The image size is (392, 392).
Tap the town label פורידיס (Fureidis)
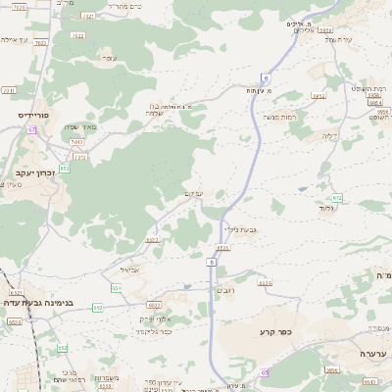click(x=32, y=116)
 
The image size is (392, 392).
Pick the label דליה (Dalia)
click(x=329, y=136)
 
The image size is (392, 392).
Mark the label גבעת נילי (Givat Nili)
click(x=238, y=229)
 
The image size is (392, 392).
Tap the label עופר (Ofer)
click(x=107, y=59)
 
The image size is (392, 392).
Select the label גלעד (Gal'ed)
click(x=327, y=209)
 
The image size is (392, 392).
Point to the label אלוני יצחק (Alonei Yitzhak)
click(x=156, y=318)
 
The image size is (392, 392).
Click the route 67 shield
click(x=31, y=129)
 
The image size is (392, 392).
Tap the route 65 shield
click(x=266, y=372)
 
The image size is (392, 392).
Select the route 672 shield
click(x=336, y=198)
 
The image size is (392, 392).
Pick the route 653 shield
click(x=97, y=308)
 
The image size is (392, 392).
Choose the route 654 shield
click(x=117, y=288)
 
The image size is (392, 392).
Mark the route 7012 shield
click(x=77, y=143)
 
